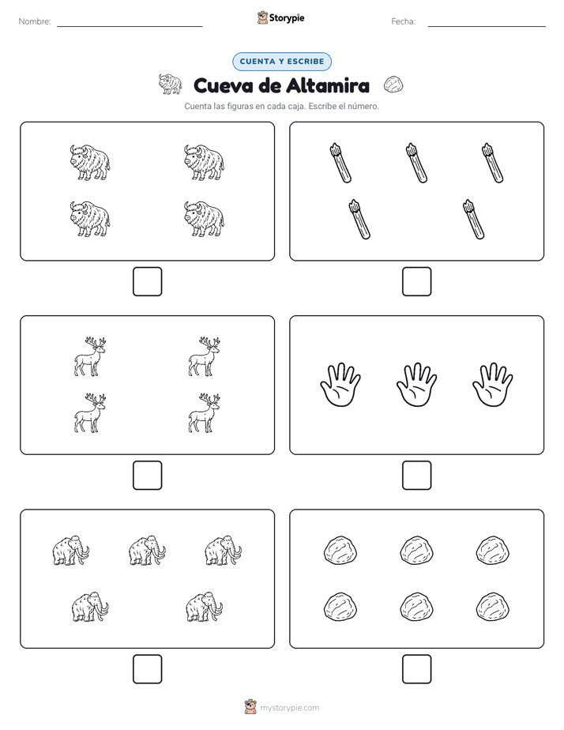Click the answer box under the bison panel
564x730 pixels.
tap(147, 282)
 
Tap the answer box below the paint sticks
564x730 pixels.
tap(416, 282)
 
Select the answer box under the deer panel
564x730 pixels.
tap(147, 476)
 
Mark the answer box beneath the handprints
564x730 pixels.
tap(416, 476)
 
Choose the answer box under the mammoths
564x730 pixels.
tap(147, 669)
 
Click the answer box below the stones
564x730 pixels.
tap(416, 669)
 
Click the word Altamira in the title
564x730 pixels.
tap(328, 85)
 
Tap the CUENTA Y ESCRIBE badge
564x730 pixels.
tap(282, 62)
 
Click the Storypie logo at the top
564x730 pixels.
tap(281, 17)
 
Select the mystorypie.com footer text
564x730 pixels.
tap(289, 708)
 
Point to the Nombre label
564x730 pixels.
tap(35, 21)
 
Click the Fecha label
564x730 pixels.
tap(403, 21)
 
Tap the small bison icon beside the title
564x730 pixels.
tap(170, 84)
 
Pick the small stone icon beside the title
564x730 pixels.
tap(393, 85)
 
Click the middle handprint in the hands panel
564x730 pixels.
tap(416, 385)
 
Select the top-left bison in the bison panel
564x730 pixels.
tap(90, 162)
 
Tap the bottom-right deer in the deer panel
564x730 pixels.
tap(204, 413)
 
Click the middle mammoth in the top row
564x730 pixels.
tap(147, 551)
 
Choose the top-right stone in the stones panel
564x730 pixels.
tap(492, 551)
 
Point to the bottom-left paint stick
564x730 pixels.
tap(359, 220)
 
